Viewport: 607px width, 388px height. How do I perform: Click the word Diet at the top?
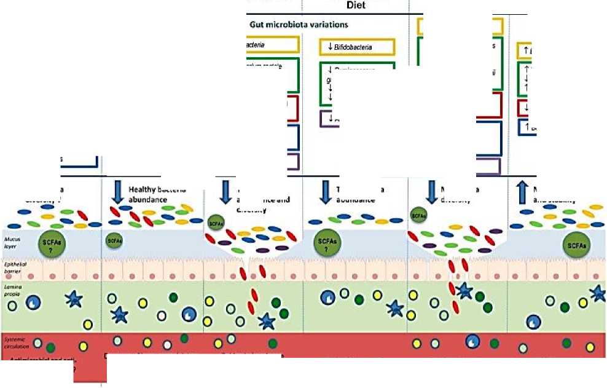point(356,6)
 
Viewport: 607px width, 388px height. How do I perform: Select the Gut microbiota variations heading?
point(299,25)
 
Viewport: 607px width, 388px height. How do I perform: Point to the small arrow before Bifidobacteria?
point(330,47)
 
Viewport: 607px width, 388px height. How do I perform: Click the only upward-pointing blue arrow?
point(523,191)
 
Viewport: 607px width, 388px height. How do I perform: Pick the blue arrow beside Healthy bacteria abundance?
point(117,191)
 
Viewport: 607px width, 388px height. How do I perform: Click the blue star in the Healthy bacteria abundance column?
point(119,315)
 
